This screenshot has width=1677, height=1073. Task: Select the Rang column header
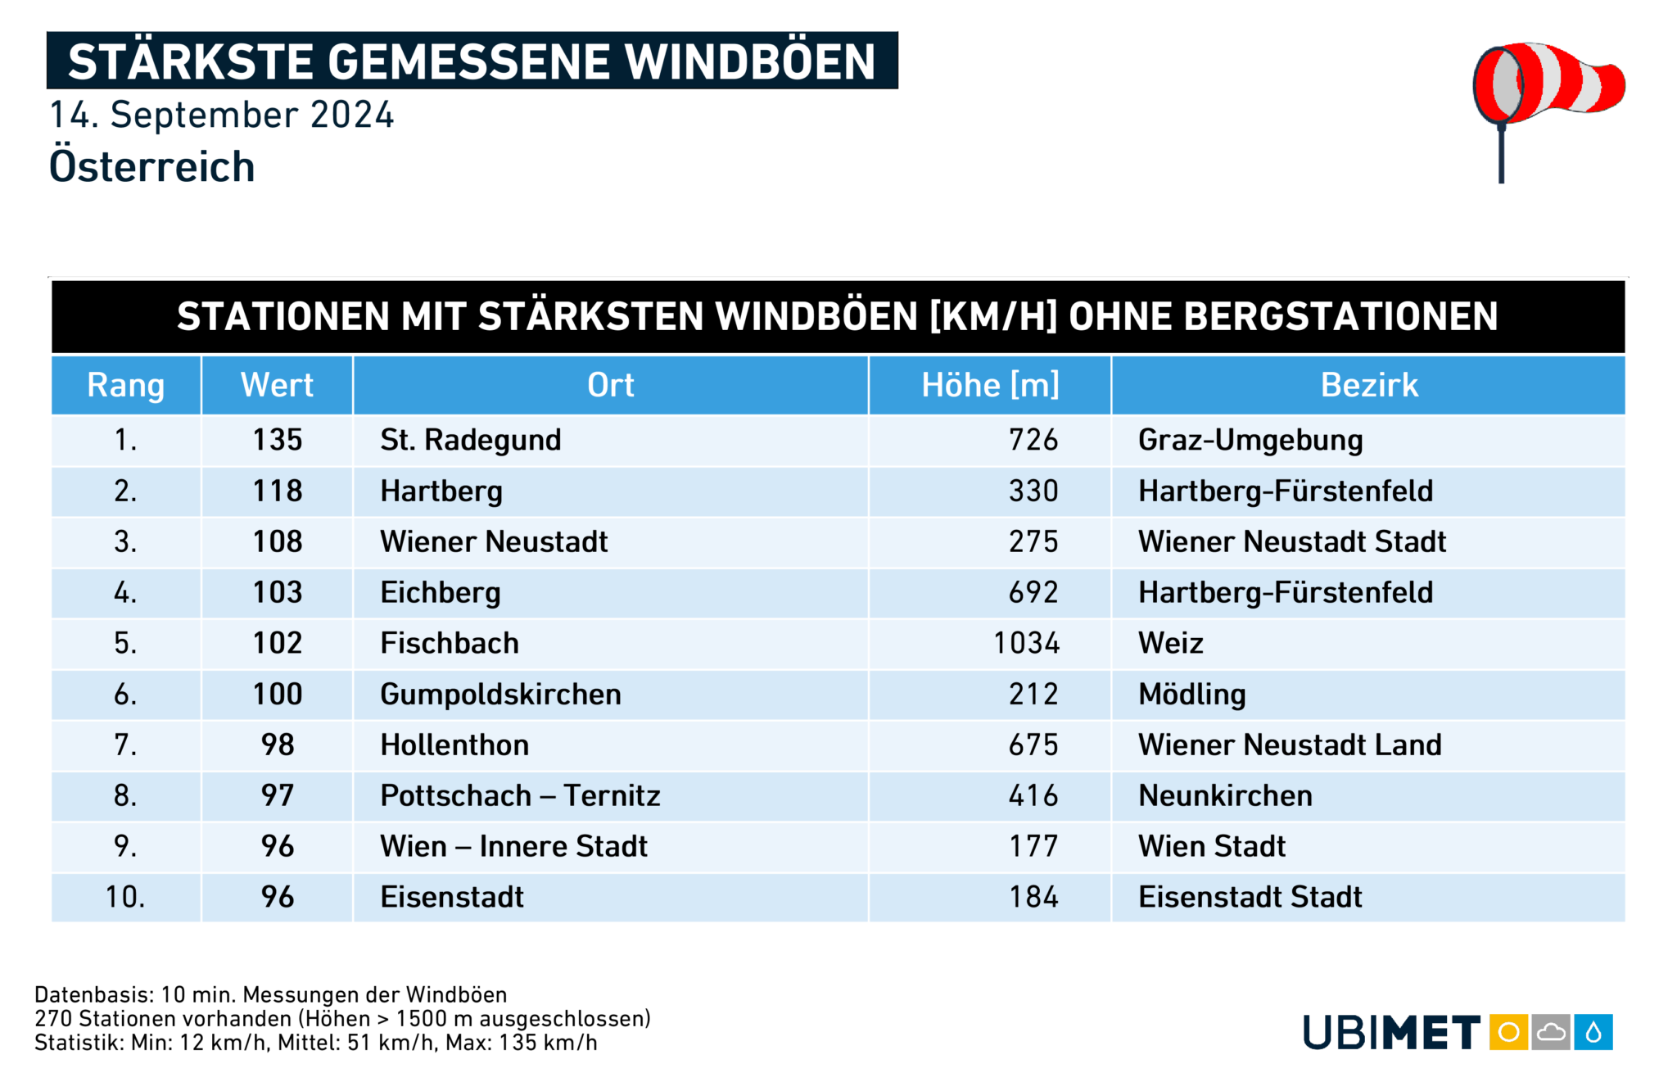[126, 385]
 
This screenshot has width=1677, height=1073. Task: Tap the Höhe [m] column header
[990, 385]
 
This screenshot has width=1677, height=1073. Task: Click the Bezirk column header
[1369, 385]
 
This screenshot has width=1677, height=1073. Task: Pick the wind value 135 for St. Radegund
[278, 441]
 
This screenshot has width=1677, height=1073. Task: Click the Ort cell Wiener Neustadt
[494, 542]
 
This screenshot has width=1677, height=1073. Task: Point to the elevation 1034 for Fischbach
[1026, 644]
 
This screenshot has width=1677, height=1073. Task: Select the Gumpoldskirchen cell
[500, 695]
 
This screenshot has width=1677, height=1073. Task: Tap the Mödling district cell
[1192, 695]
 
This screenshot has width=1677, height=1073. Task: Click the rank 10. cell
[125, 898]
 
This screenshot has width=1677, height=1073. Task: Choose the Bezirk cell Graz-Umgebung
[1250, 441]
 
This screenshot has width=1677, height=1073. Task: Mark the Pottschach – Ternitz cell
[520, 796]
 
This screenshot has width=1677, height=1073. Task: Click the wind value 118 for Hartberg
[278, 491]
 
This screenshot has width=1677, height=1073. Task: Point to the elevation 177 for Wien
[1033, 847]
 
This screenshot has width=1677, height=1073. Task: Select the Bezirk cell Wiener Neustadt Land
[1290, 745]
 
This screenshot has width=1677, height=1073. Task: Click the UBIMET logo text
[1391, 1033]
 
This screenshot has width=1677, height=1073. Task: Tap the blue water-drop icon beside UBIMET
[1593, 1032]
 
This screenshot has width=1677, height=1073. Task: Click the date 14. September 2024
[222, 115]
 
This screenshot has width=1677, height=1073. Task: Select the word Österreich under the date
[152, 167]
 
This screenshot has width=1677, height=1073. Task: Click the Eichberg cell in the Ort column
[441, 593]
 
